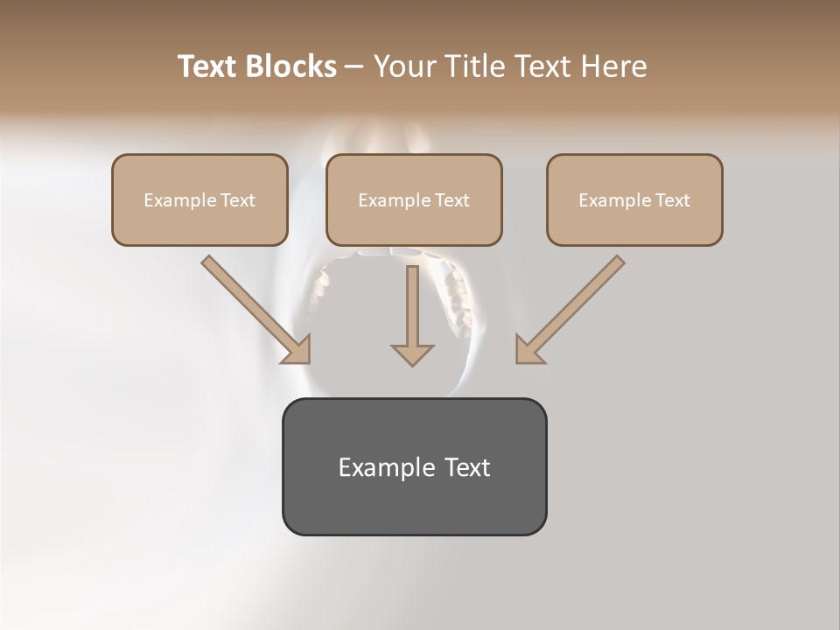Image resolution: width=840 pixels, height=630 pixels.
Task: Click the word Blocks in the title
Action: (290, 66)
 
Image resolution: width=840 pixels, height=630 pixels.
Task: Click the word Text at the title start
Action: (208, 66)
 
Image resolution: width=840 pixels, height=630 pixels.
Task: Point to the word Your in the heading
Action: (403, 66)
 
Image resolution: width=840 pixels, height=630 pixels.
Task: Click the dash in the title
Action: (354, 67)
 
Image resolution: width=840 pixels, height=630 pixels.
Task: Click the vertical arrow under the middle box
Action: (412, 306)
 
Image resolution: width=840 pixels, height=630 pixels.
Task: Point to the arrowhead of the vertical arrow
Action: (412, 354)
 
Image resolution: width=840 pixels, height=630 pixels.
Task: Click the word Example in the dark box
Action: (382, 467)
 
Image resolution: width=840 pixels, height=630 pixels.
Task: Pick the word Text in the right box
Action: (672, 200)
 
